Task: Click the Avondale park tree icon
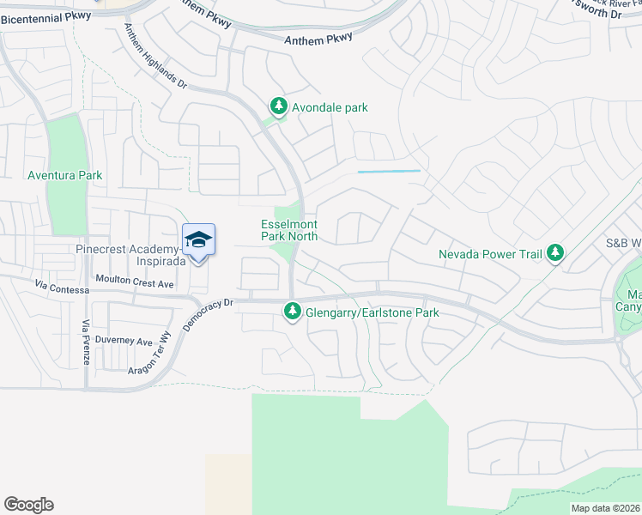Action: (x=278, y=106)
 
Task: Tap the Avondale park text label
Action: (x=330, y=107)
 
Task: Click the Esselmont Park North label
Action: (x=289, y=230)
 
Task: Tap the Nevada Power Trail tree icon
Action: (x=556, y=252)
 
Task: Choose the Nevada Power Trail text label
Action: (x=491, y=254)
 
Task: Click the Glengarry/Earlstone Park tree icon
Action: (x=293, y=312)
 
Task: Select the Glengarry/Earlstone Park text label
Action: (x=372, y=312)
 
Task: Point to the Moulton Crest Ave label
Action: (x=135, y=283)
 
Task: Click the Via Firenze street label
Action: (x=86, y=341)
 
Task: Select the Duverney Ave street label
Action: (x=124, y=341)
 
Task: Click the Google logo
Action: (x=28, y=505)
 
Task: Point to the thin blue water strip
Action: (x=389, y=172)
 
